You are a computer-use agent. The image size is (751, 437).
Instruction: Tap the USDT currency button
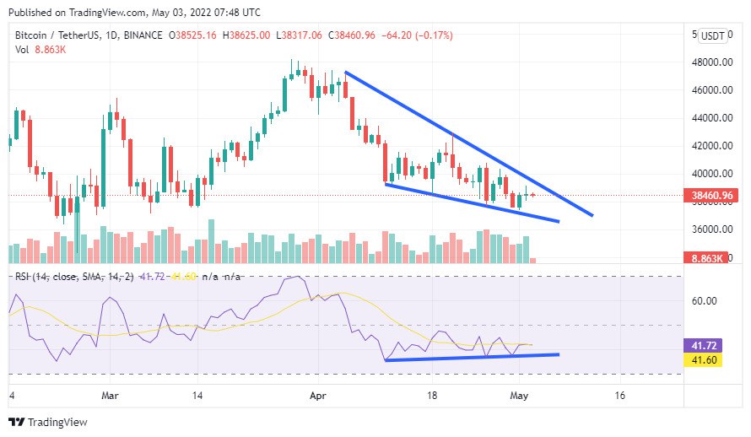point(713,36)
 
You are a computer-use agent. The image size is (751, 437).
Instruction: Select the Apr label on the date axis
point(318,395)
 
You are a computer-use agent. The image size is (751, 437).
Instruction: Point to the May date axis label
point(520,395)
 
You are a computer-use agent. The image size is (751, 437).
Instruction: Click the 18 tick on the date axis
point(433,395)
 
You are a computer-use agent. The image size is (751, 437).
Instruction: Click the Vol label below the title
point(23,51)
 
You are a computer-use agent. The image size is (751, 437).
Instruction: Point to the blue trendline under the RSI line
point(472,358)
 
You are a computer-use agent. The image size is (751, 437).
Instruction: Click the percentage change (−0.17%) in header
point(434,35)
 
